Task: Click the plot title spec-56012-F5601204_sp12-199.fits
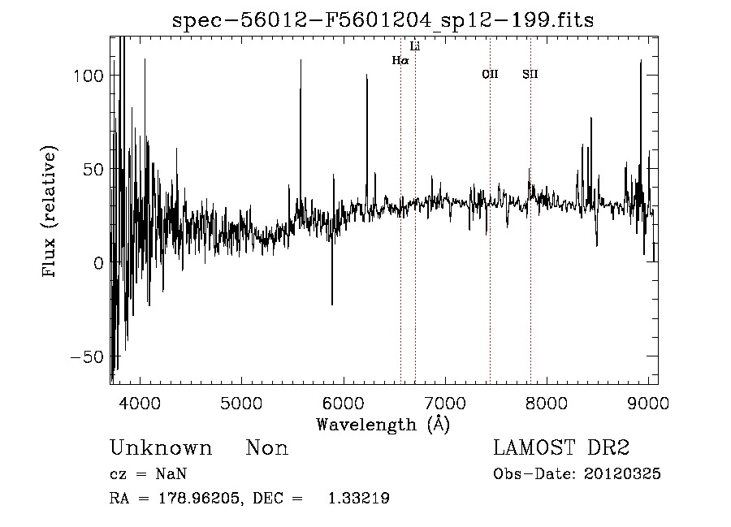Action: tap(383, 20)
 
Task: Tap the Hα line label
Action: tap(400, 60)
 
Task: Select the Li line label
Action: tap(415, 46)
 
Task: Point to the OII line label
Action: tap(490, 75)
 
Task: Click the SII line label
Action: tap(530, 75)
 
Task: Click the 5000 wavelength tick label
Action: tap(241, 404)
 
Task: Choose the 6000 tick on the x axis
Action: tap(343, 404)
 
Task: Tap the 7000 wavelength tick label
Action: tap(444, 404)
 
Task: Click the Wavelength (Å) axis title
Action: tap(383, 424)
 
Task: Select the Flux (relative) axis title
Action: tap(50, 212)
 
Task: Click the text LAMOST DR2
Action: tap(561, 448)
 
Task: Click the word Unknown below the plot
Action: tap(161, 448)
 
